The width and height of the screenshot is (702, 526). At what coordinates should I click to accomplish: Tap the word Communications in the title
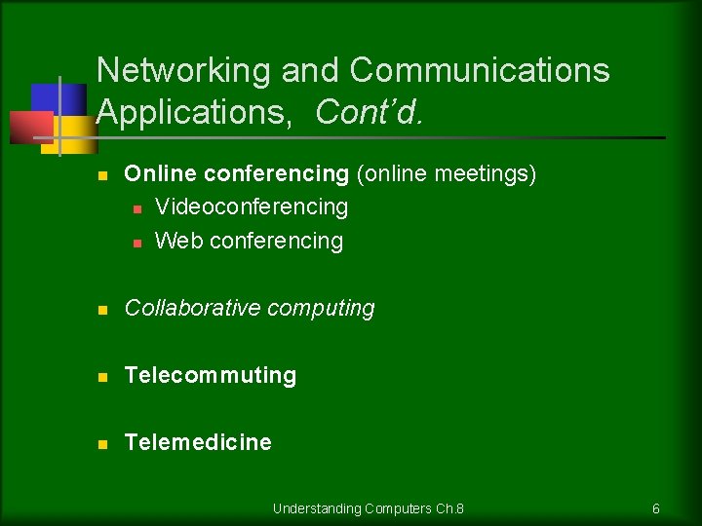(x=479, y=71)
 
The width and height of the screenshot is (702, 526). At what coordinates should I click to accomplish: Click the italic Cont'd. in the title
(x=370, y=113)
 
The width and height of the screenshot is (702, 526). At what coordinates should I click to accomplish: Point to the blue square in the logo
(x=47, y=97)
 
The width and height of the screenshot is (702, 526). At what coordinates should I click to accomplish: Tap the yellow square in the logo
(x=76, y=131)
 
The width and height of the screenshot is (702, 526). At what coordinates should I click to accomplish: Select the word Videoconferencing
(x=251, y=207)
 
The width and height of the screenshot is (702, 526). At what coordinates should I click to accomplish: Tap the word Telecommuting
(x=210, y=375)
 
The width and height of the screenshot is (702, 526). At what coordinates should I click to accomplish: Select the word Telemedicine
(x=198, y=442)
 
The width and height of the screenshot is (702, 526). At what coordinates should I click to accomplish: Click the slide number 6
(x=656, y=508)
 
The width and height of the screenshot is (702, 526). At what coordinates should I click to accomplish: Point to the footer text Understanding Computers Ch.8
(x=369, y=508)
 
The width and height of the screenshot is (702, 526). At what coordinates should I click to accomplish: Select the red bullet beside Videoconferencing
(x=137, y=208)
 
